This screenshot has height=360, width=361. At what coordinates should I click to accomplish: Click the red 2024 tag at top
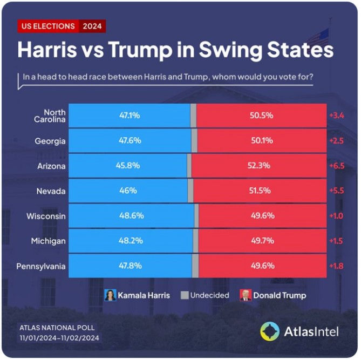coord(93,26)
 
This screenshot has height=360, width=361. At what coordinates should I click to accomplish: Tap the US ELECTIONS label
coord(49,26)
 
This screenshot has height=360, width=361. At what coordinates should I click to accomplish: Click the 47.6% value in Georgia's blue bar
coord(130,140)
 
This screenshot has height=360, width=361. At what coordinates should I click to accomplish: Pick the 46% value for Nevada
coord(130,191)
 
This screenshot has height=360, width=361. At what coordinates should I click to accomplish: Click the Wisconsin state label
coord(46,216)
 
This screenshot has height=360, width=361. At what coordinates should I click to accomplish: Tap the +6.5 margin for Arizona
coord(337,166)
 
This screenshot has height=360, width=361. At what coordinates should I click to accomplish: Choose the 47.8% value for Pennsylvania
coord(130,266)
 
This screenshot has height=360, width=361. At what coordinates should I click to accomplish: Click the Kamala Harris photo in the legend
coord(111,295)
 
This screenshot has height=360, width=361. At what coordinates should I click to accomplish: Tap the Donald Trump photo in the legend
coord(245,295)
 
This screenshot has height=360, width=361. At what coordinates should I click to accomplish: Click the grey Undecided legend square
coord(185,295)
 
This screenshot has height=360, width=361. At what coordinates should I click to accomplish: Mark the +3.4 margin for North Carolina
coord(337,116)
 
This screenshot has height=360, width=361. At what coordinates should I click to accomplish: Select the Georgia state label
coord(51,141)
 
